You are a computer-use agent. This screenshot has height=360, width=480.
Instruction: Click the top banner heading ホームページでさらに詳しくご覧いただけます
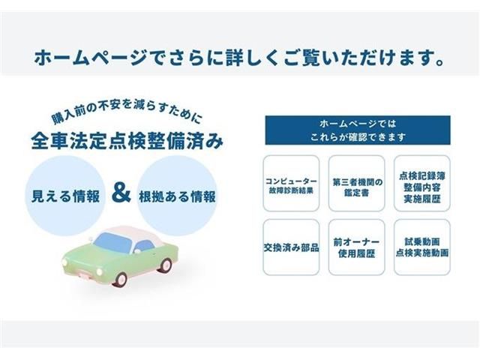240,57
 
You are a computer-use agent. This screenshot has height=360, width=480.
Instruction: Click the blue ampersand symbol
120,195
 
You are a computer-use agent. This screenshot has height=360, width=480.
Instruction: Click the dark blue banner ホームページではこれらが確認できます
357,130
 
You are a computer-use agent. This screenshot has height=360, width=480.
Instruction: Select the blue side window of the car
144,245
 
